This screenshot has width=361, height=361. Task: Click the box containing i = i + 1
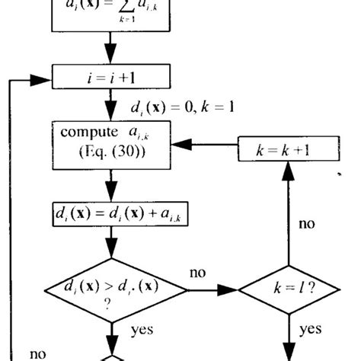pos(113,78)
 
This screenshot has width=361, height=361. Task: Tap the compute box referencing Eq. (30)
pos(113,142)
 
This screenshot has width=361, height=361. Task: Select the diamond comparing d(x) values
pos(114,291)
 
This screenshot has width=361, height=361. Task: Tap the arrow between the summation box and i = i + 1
pos(113,50)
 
